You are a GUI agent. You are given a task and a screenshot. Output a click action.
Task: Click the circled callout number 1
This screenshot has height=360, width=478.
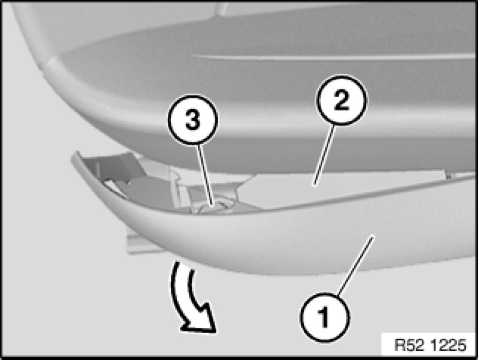pos(325,317)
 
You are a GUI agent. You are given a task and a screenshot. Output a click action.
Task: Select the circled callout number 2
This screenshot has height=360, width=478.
pos(341,101)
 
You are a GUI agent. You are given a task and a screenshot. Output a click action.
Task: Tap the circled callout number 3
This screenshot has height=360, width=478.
pos(193,120)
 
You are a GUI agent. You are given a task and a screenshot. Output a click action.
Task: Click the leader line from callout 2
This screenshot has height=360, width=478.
pos(324,156)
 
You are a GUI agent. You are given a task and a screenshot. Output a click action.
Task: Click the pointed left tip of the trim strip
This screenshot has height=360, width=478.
pos(73,156)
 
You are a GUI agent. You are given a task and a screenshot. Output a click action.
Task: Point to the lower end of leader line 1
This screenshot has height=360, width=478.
pos(338,295)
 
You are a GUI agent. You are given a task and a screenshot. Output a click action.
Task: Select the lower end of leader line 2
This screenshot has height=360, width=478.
pos(314,185)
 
